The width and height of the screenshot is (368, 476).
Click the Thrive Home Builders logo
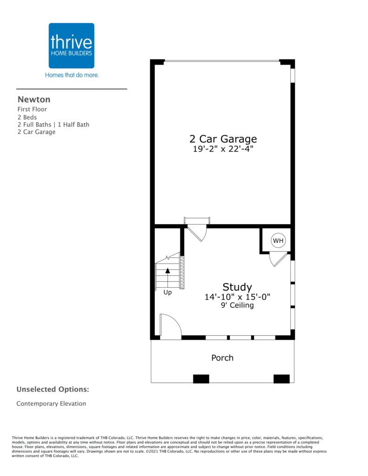pyautogui.click(x=71, y=46)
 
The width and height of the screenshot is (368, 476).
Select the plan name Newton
pyautogui.click(x=34, y=99)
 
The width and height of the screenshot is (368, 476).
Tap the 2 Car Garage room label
pyautogui.click(x=223, y=139)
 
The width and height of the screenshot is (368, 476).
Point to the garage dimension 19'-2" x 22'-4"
pyautogui.click(x=223, y=149)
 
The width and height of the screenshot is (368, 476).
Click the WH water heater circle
pyautogui.click(x=278, y=241)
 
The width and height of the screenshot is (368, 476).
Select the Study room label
pyautogui.click(x=237, y=287)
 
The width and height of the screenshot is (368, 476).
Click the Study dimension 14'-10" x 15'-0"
pyautogui.click(x=237, y=297)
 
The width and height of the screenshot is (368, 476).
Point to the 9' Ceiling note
pyautogui.click(x=237, y=305)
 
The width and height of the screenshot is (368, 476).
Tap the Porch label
pyautogui.click(x=222, y=357)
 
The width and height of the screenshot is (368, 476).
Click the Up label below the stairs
pyautogui.click(x=167, y=292)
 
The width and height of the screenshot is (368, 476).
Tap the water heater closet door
pyautogui.click(x=278, y=259)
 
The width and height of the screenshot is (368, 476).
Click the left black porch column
pyautogui.click(x=201, y=379)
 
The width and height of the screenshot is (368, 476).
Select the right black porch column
pyautogui.click(x=281, y=379)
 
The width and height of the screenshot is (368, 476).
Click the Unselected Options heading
pyautogui.click(x=53, y=389)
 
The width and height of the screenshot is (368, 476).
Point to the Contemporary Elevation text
pyautogui.click(x=51, y=403)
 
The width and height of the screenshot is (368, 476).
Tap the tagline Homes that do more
pyautogui.click(x=72, y=75)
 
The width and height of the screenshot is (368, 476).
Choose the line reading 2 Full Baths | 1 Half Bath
pyautogui.click(x=54, y=125)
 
